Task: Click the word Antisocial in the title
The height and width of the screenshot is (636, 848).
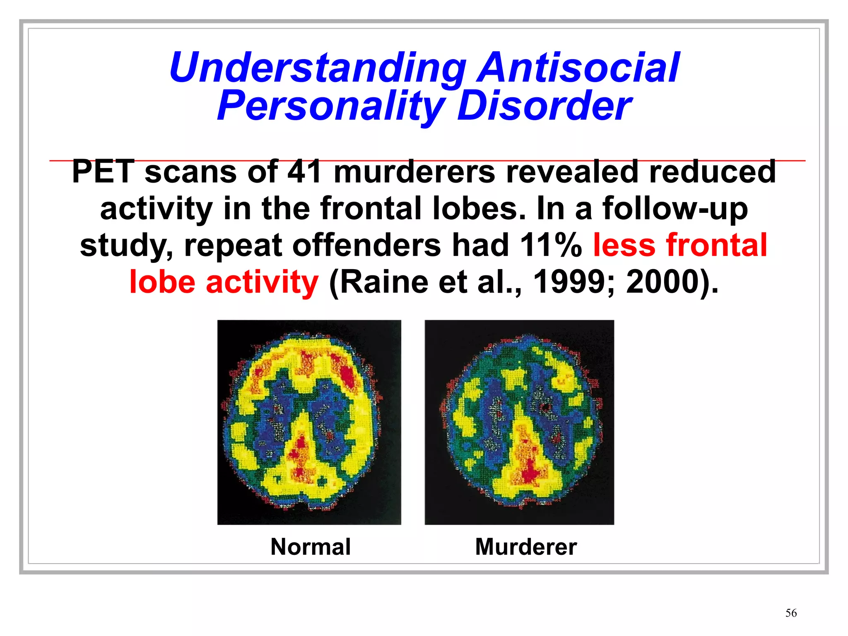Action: point(578,67)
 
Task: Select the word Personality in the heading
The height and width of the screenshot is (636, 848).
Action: point(331,106)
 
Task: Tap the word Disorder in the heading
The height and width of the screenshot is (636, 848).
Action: point(544,106)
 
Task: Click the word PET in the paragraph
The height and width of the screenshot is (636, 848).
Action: point(103,172)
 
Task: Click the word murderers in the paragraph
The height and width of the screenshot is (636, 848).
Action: point(414,172)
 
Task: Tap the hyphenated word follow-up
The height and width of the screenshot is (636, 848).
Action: point(675,208)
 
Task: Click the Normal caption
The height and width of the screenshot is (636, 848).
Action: point(311,547)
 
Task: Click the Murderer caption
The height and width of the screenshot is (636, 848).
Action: point(526,547)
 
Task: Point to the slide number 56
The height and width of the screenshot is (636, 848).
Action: point(791,613)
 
